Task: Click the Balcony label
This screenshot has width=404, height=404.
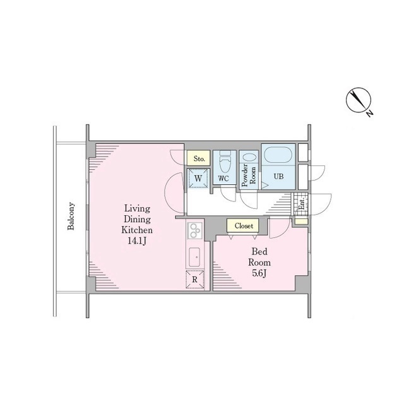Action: [x=71, y=216]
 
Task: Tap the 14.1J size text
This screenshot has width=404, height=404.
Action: [x=137, y=241]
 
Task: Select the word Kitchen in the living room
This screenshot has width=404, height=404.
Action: [x=137, y=230]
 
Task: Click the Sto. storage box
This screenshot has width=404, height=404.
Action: [x=198, y=158]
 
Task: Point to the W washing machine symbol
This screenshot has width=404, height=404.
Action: [x=198, y=178]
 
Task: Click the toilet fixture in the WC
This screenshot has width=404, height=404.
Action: [x=225, y=162]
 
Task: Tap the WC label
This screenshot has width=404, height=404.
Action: [x=223, y=178]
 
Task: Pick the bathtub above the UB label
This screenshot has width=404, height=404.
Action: [x=278, y=155]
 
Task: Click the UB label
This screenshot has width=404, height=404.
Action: [x=278, y=177]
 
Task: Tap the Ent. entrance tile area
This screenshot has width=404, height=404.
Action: [x=301, y=204]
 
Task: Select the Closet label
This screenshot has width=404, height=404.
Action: [x=244, y=226]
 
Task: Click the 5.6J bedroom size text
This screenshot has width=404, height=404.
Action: [x=259, y=273]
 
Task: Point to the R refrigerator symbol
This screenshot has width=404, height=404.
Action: [x=195, y=279]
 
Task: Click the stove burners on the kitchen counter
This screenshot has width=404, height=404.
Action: [x=194, y=230]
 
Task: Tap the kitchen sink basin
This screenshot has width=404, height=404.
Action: [x=194, y=257]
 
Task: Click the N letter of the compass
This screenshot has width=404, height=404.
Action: [x=370, y=113]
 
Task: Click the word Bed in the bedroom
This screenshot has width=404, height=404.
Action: [x=259, y=251]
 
